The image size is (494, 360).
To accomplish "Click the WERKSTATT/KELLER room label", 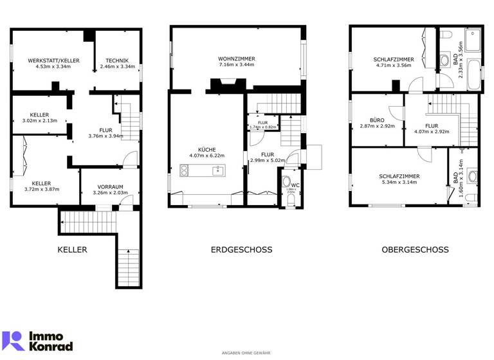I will (53, 60).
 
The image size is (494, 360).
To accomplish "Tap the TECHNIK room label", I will (118, 60).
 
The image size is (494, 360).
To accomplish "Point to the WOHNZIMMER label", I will (237, 59).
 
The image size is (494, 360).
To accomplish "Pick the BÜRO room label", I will (377, 120).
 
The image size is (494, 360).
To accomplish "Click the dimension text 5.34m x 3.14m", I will (399, 182).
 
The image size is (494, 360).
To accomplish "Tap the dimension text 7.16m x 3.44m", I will (237, 65).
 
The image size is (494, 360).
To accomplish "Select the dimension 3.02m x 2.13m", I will (40, 120).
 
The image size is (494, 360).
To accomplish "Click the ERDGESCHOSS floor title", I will (241, 249).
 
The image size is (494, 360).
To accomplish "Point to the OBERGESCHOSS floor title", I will (415, 249).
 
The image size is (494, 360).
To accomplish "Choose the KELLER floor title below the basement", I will (72, 249).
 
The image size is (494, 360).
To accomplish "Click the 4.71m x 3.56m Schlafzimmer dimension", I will (394, 66).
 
